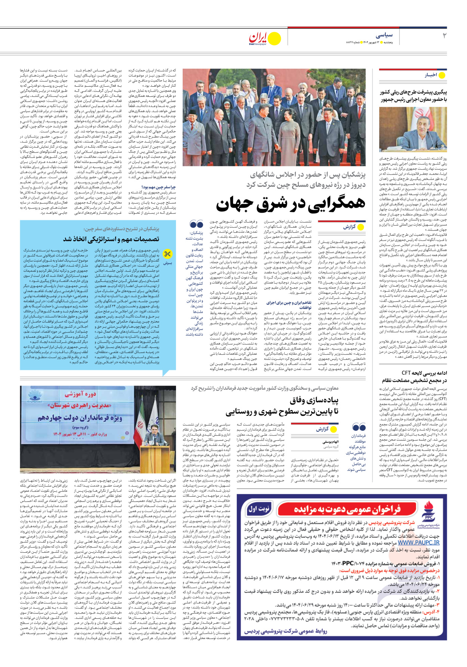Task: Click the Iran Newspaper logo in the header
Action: tap(265, 38)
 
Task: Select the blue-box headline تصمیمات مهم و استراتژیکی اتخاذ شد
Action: tap(111, 239)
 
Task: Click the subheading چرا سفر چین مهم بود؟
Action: tap(158, 187)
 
